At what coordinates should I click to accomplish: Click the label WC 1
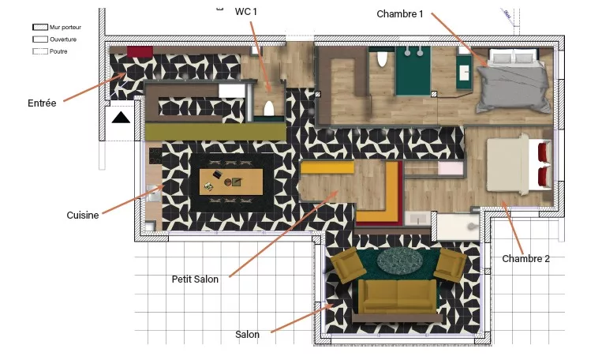pos(245,12)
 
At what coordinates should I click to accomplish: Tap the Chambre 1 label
pos(400,14)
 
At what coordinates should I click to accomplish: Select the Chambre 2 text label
pos(525,259)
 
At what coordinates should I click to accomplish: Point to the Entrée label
pos(42,103)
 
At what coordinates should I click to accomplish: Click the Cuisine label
pos(83,216)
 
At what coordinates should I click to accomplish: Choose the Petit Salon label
pos(195,279)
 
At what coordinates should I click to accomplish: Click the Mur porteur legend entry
pos(57,28)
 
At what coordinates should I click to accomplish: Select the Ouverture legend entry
pos(54,39)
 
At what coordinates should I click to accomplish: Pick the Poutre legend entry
pos(50,51)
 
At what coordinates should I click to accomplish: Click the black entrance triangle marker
pos(121,118)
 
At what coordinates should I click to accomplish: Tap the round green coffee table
pos(400,261)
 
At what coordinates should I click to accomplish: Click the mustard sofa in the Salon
pos(398,296)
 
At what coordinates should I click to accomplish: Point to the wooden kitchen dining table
pos(231,182)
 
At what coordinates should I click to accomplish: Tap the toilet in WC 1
pos(269,109)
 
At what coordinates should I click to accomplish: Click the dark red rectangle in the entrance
pos(140,51)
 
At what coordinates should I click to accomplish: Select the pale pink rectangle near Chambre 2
pos(451,169)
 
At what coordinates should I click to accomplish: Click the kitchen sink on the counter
pos(154,193)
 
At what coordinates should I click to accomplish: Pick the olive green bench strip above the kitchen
pos(215,131)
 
